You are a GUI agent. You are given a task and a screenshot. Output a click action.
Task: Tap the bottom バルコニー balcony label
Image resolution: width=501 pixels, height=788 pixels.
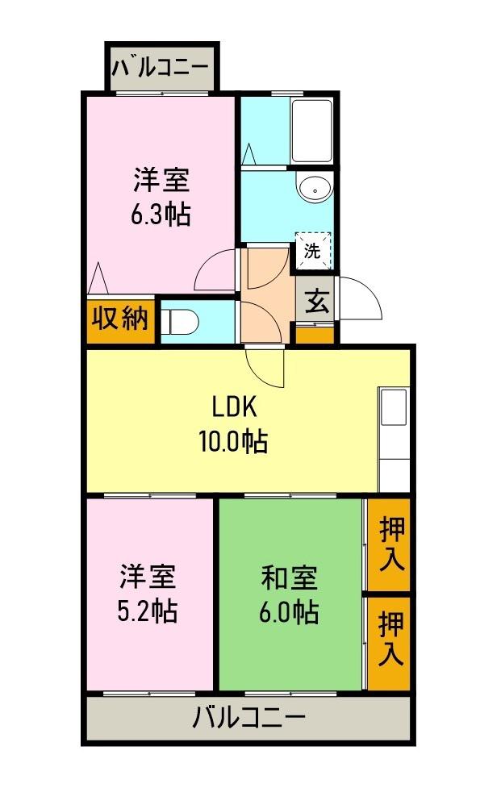248,717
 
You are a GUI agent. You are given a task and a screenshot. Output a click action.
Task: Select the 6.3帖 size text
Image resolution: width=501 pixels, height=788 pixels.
161,215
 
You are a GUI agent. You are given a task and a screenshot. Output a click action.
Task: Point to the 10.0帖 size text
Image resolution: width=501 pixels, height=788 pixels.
233,442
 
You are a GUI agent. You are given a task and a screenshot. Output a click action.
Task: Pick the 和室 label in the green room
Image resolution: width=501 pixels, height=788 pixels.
289,578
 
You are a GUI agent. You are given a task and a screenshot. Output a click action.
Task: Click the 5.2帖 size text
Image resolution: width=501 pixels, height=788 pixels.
148,611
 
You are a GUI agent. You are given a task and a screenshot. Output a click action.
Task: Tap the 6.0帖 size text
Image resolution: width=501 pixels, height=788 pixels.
289,613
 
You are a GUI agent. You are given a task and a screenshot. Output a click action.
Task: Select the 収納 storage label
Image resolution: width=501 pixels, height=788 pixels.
121,319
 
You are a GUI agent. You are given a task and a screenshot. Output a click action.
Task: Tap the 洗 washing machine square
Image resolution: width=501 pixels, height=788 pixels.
312,250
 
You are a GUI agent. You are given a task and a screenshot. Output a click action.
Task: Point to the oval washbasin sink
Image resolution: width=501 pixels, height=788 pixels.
311,187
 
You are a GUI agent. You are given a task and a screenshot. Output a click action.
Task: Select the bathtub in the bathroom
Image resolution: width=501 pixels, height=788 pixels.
311,131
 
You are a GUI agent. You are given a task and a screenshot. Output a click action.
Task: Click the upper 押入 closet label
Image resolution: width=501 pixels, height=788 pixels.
391,545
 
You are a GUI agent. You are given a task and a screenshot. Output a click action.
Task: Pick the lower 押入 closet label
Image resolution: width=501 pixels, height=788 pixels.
391,639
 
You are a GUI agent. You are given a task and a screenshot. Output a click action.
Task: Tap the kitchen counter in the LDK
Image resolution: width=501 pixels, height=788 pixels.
395,440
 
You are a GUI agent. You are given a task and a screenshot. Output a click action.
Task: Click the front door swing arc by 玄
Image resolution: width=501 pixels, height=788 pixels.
361,299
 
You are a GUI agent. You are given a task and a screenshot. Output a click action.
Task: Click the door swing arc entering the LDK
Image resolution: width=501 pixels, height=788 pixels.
265,368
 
